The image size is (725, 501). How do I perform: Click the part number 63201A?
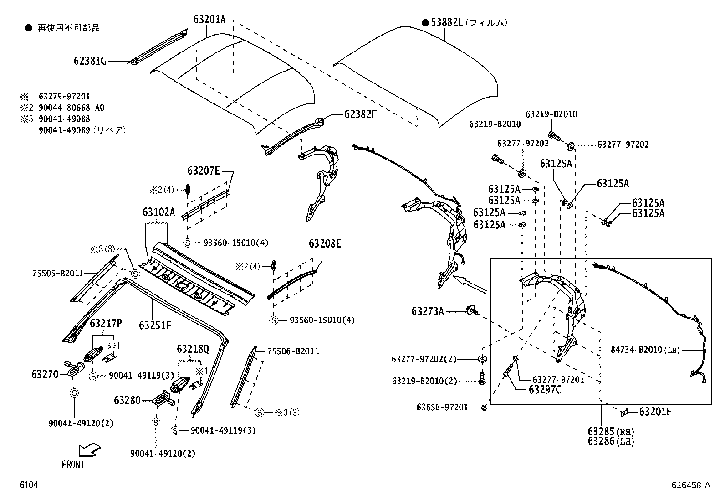[209, 19]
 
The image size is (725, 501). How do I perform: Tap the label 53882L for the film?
[447, 22]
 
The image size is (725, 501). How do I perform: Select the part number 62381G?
[90, 61]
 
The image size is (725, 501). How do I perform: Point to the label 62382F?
[360, 114]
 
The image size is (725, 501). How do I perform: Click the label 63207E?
[204, 171]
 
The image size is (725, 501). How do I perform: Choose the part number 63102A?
[158, 212]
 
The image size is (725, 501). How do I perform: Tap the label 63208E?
[325, 243]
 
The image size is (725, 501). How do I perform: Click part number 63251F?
[155, 325]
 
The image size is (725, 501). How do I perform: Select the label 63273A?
[428, 311]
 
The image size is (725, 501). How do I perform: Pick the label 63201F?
[655, 412]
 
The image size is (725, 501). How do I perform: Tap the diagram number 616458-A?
[690, 486]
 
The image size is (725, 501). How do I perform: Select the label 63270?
[45, 374]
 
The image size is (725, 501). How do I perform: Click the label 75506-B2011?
[293, 351]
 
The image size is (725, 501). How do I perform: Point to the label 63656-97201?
[442, 407]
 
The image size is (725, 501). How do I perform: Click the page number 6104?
[28, 486]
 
